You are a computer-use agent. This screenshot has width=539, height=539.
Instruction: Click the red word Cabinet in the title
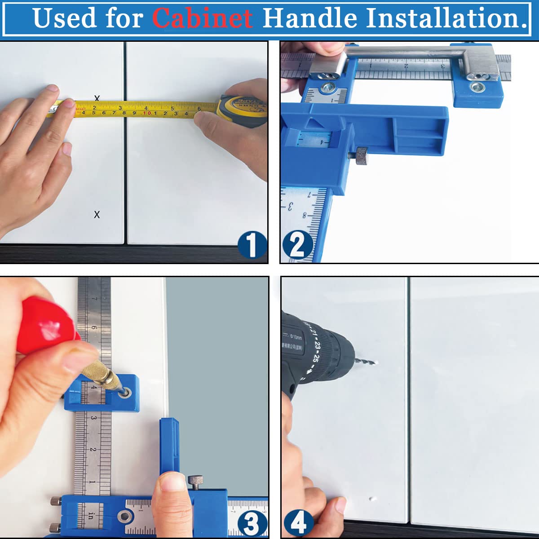tap(202, 18)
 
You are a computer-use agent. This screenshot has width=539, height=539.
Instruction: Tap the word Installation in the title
tap(447, 18)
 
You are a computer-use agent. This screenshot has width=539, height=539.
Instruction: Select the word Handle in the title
tap(310, 18)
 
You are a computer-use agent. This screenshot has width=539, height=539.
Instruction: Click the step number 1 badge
tap(252, 245)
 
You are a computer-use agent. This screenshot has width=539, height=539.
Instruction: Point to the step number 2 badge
tap(297, 245)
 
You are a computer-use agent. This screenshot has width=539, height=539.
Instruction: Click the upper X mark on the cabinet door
tap(97, 98)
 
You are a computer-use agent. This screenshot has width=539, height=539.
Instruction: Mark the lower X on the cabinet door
tap(97, 215)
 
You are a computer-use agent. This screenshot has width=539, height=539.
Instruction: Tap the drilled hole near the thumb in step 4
tap(371, 499)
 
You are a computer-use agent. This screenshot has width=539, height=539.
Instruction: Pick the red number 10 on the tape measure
tap(146, 113)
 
